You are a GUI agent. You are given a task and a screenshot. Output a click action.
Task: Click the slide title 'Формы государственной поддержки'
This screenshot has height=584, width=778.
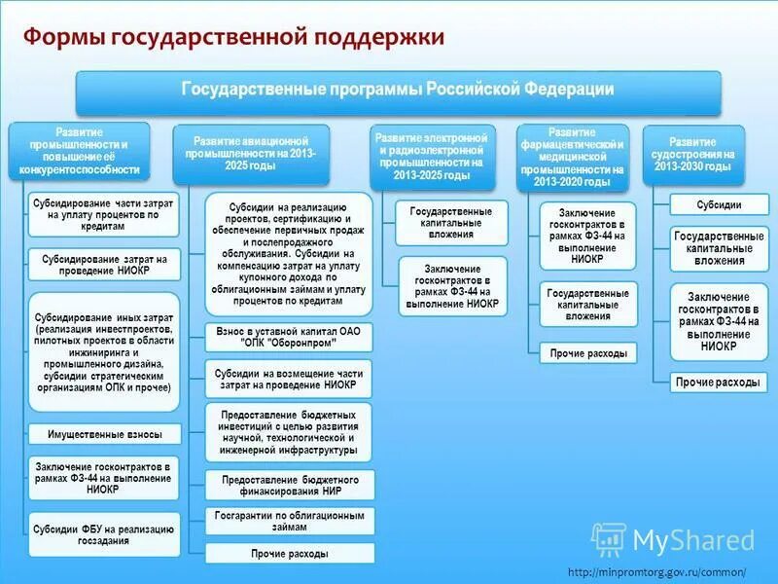point(233,37)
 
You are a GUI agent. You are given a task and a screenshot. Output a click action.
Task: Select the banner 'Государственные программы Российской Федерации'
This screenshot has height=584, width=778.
point(399,91)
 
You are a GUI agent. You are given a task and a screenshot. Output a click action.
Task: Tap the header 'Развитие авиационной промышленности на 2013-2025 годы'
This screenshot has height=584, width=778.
point(252,153)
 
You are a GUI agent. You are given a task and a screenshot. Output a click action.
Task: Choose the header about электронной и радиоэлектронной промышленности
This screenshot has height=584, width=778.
point(433,156)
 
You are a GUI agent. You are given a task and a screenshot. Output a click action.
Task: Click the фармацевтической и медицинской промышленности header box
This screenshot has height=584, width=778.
point(578,156)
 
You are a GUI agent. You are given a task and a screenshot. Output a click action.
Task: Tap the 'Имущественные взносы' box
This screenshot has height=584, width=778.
point(103,434)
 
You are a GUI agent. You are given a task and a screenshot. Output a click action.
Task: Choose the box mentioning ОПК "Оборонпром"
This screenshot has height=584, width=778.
point(290,338)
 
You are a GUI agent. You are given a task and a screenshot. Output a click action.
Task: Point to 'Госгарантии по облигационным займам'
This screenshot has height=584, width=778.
point(290,520)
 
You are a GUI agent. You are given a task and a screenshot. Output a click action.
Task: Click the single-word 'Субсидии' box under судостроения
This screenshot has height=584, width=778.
point(719,205)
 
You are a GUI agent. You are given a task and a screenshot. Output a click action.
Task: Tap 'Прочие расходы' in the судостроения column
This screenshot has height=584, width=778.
point(719,383)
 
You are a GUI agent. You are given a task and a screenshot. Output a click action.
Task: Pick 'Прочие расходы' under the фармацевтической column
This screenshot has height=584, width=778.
point(588,353)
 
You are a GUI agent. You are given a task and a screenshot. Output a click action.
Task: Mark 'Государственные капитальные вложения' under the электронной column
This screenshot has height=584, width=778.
point(452,222)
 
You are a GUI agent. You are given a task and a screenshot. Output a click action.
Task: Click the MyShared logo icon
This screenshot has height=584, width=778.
point(609,538)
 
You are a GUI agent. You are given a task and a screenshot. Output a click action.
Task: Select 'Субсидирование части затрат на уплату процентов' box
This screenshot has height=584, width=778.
point(103,213)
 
